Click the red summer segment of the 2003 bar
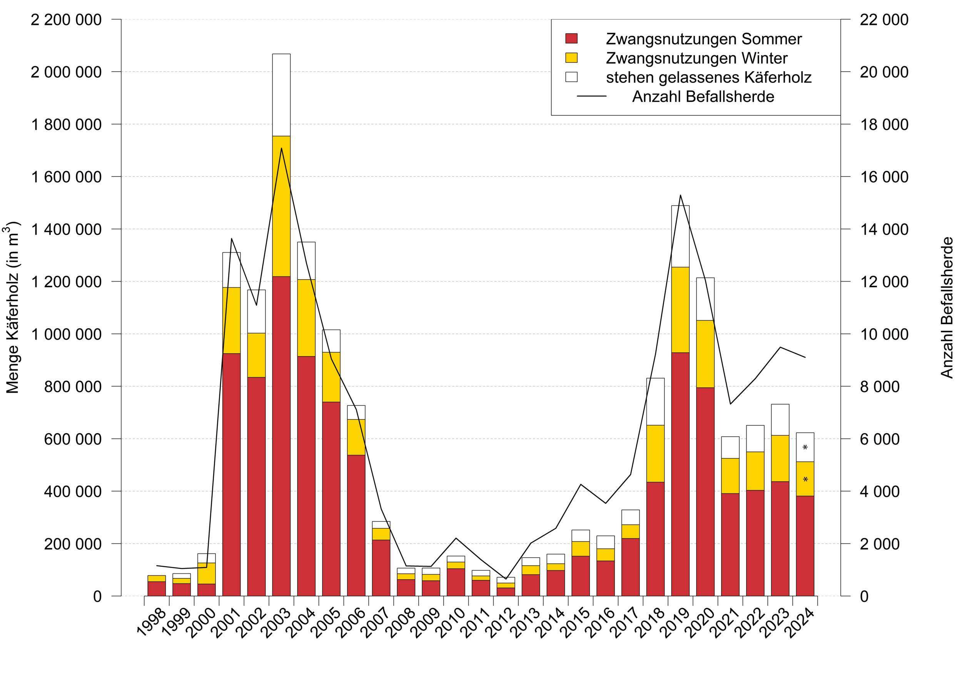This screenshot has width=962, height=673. (x=281, y=436)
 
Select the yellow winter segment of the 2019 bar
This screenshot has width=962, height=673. (x=680, y=310)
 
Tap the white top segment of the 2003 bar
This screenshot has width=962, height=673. (x=281, y=95)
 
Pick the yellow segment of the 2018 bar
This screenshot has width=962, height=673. (x=655, y=453)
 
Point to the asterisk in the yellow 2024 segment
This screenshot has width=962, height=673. (x=805, y=480)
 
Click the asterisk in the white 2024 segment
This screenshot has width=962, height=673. (x=805, y=448)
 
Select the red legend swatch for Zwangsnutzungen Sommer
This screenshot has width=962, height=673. (x=571, y=38)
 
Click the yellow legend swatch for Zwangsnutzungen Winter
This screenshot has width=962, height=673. (x=571, y=58)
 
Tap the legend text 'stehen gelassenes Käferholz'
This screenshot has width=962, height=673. (x=708, y=77)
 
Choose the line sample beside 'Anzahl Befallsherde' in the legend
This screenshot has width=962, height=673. (x=591, y=96)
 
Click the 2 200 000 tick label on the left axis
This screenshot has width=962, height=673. (x=66, y=20)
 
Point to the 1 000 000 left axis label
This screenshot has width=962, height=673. (x=66, y=334)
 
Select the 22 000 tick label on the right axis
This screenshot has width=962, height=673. (x=884, y=20)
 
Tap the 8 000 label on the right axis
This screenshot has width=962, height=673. (x=879, y=386)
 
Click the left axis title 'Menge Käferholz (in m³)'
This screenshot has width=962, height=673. (x=12, y=307)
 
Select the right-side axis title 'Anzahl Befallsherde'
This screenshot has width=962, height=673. (x=947, y=307)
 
